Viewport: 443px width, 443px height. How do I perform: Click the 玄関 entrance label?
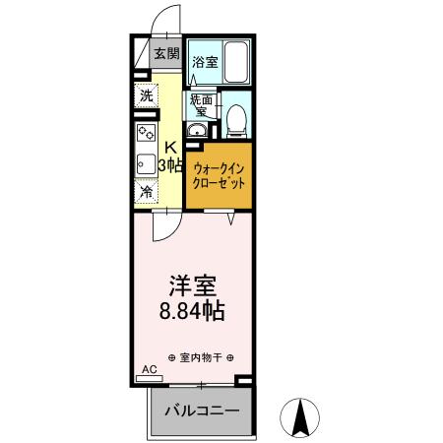tap(165, 55)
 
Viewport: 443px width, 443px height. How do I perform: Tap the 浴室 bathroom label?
tap(204, 63)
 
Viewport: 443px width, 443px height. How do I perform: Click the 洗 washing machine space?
tap(147, 96)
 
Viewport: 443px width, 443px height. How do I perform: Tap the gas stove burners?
tap(146, 133)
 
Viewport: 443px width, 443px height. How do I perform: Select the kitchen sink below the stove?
tap(145, 164)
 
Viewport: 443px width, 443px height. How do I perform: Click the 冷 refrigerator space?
tap(147, 192)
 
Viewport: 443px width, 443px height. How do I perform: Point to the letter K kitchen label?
tap(169, 149)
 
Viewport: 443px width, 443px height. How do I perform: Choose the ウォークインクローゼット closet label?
tap(219, 175)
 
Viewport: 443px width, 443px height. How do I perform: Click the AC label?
tap(150, 369)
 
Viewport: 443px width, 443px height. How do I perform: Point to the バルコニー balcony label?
tap(202, 411)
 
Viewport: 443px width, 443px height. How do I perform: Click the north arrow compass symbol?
tap(304, 419)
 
